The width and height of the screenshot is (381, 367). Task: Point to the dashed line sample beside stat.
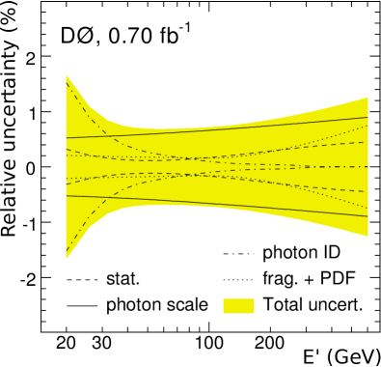point(82,280)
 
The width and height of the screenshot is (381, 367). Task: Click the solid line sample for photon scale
point(82,305)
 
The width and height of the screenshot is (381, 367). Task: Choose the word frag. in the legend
point(279,280)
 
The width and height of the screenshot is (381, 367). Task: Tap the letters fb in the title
point(164,42)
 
